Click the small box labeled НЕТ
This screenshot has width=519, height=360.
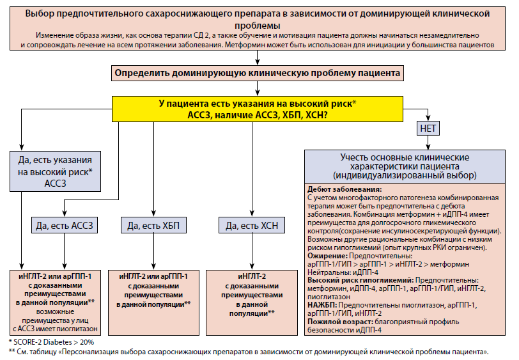click(x=428, y=128)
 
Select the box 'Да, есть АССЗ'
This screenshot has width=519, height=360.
click(x=65, y=225)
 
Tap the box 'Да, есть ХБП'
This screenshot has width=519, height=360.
click(x=153, y=225)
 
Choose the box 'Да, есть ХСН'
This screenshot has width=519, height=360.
click(x=252, y=225)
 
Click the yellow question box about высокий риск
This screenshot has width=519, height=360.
click(x=258, y=109)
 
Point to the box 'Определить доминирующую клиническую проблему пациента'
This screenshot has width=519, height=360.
click(x=258, y=73)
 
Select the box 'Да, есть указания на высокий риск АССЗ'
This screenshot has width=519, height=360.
click(x=55, y=171)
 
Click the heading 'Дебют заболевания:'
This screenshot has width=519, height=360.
click(x=345, y=189)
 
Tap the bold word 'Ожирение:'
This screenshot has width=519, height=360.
click(x=327, y=256)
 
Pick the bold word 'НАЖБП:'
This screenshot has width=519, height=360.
click(x=322, y=305)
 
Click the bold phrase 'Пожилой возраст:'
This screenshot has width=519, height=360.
click(x=340, y=322)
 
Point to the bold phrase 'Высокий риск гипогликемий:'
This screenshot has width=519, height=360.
click(x=360, y=280)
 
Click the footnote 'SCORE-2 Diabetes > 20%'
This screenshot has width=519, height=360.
click(x=54, y=342)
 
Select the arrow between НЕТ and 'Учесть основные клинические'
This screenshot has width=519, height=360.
click(x=428, y=143)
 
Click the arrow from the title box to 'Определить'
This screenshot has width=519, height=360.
click(x=258, y=58)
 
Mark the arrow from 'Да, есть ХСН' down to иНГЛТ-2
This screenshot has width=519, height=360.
click(x=252, y=252)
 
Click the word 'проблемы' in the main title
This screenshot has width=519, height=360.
click(x=258, y=26)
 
